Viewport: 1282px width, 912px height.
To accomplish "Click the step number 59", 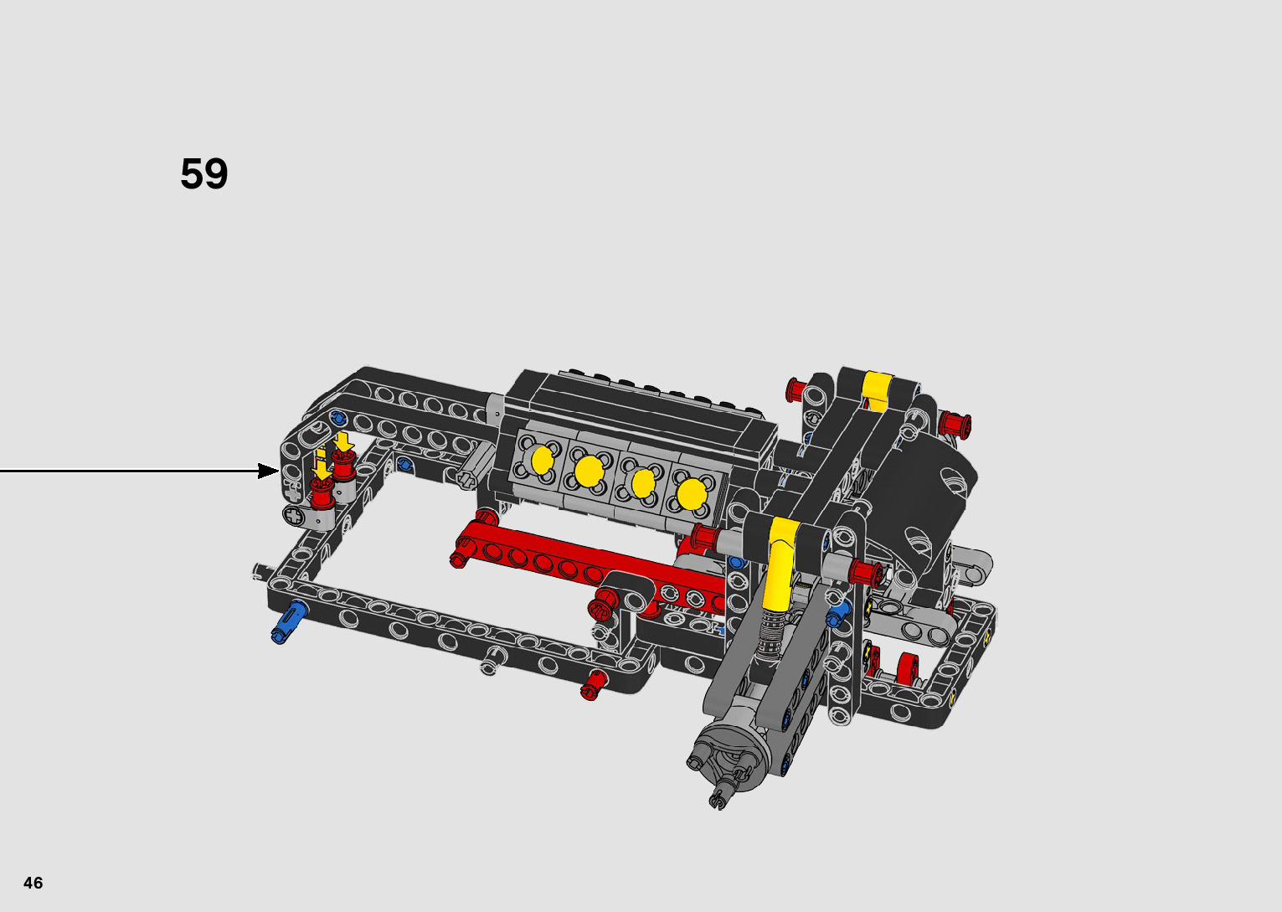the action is pyautogui.click(x=203, y=173).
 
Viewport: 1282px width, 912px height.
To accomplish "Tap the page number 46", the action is pyautogui.click(x=33, y=883).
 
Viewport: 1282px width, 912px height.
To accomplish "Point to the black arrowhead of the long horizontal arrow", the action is pyautogui.click(x=269, y=471).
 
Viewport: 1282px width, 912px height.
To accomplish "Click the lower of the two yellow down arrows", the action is pyautogui.click(x=322, y=471).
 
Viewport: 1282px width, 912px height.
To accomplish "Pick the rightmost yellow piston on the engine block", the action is pyautogui.click(x=692, y=495).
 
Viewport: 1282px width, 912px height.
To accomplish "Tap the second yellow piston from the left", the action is pyautogui.click(x=589, y=471).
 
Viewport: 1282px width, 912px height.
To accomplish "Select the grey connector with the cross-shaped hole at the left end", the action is pyautogui.click(x=308, y=518).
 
